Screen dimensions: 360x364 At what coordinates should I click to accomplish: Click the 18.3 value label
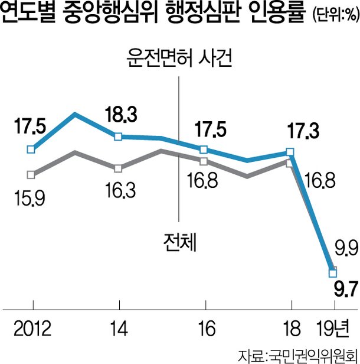tap(121, 115)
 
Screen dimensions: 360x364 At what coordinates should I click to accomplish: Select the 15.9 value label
tap(30, 198)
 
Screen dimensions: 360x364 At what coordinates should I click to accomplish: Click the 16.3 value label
tap(120, 190)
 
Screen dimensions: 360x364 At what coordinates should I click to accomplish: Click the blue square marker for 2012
tap(31, 149)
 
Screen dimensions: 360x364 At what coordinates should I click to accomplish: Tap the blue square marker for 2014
tap(118, 136)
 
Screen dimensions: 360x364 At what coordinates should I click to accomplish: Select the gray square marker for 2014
tap(118, 168)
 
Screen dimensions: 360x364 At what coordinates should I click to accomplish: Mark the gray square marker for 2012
tap(31, 174)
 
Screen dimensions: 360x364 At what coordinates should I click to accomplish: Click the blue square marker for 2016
tap(204, 149)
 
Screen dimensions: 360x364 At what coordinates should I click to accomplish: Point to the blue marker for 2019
tap(333, 273)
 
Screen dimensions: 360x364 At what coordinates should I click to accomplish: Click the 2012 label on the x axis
tap(32, 329)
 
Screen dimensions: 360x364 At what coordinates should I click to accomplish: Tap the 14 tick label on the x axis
tap(119, 329)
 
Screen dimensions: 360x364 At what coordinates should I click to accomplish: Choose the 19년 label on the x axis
tap(333, 329)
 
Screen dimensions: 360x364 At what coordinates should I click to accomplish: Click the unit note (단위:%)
tap(335, 15)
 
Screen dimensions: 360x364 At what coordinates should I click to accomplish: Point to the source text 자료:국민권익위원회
tap(298, 355)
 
